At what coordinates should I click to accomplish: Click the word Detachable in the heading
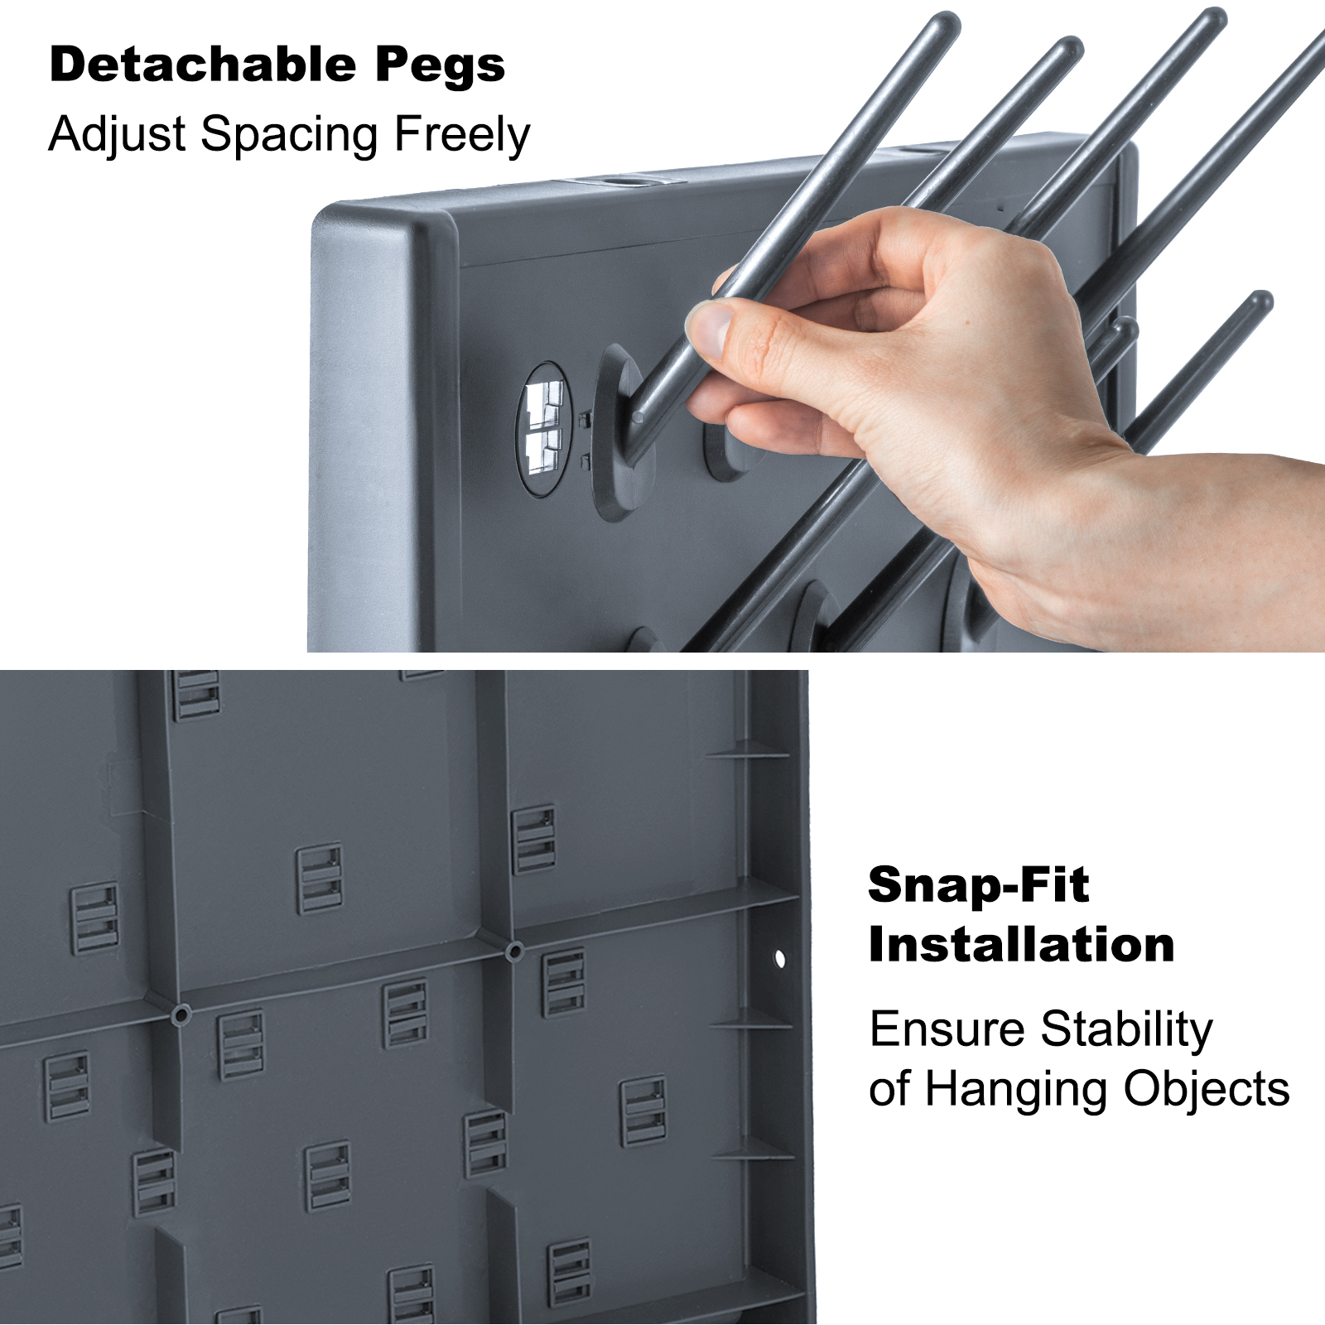point(203,65)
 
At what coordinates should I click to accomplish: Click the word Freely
point(462,136)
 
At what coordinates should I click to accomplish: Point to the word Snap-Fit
point(978,885)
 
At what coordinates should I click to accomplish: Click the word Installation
point(1021,945)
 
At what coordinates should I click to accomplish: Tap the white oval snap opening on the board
point(544,429)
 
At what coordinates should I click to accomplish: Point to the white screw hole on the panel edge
point(779,959)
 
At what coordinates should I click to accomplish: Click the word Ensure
point(947,1030)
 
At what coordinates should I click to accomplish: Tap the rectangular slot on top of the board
point(621,180)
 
